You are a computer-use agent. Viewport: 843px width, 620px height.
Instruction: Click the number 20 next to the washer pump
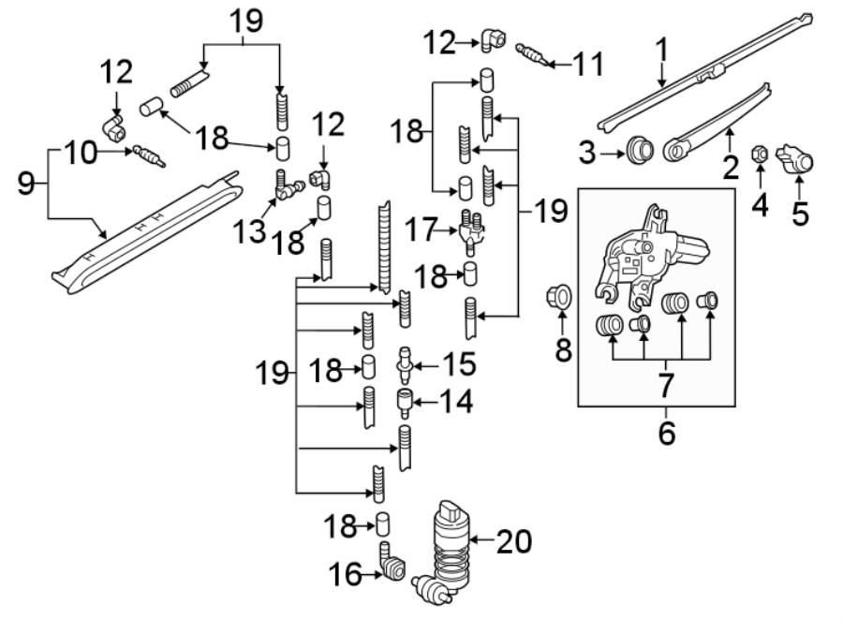(514, 540)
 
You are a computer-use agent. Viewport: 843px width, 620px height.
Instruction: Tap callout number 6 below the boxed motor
(666, 435)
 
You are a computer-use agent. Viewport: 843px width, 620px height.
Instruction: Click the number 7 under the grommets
(666, 383)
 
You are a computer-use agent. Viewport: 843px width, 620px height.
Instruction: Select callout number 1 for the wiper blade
(662, 50)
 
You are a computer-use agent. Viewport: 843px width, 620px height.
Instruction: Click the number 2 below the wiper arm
(730, 167)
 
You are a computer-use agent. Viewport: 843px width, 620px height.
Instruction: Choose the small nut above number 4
(761, 152)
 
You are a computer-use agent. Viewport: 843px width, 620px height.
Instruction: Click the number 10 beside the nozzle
(81, 152)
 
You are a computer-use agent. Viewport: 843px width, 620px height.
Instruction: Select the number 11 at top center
(587, 64)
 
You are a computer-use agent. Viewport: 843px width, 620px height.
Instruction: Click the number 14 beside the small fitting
(455, 403)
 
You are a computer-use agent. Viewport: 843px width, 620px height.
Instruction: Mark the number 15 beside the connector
(460, 362)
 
